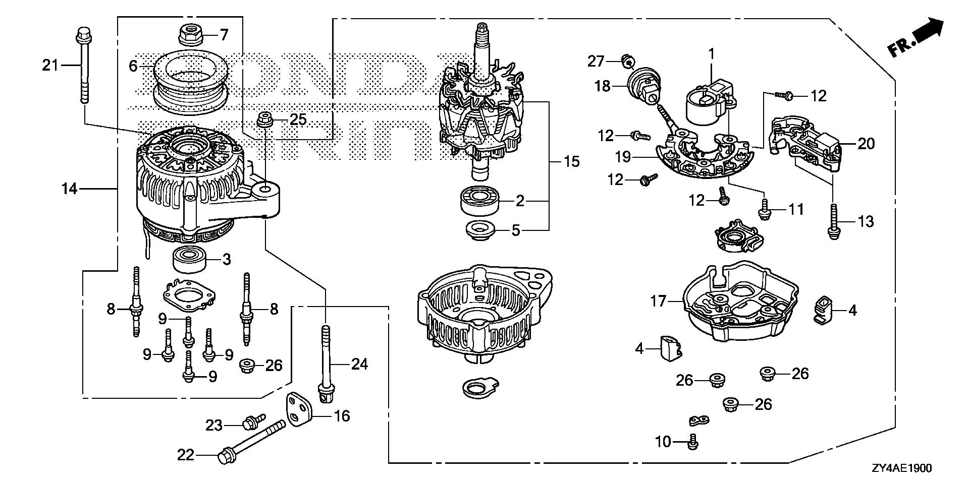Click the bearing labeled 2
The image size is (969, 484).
click(x=480, y=201)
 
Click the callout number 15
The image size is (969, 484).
click(x=572, y=162)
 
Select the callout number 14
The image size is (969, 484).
click(x=69, y=189)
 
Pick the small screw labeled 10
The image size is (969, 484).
click(x=692, y=442)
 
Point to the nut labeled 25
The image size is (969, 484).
click(x=263, y=120)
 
